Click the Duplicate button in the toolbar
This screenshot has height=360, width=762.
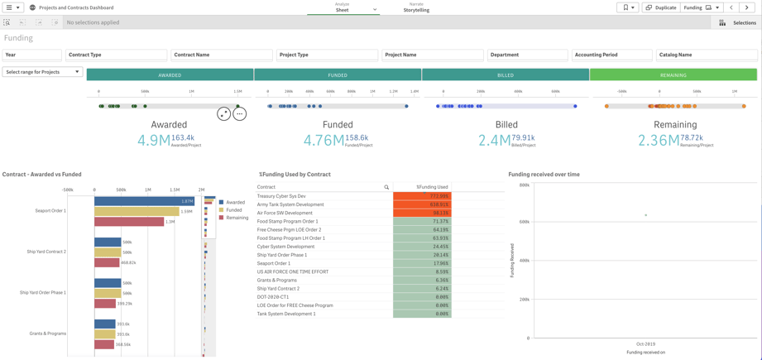pyautogui.click(x=660, y=7)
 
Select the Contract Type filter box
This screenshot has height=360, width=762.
pyautogui.click(x=116, y=55)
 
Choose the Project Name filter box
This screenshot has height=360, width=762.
pyautogui.click(x=432, y=55)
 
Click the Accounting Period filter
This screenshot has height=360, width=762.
pyautogui.click(x=611, y=55)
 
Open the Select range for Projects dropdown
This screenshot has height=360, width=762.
pyautogui.click(x=42, y=72)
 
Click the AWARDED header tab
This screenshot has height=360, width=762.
pyautogui.click(x=170, y=75)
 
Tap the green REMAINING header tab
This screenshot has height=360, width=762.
pyautogui.click(x=673, y=75)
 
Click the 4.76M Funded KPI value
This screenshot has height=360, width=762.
pyautogui.click(x=323, y=140)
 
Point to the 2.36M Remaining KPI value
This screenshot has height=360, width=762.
pyautogui.click(x=658, y=140)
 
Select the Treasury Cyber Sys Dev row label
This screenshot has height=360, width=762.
pyautogui.click(x=281, y=196)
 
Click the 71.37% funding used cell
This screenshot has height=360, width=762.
pyautogui.click(x=422, y=221)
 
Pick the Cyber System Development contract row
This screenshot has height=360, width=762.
pyautogui.click(x=285, y=247)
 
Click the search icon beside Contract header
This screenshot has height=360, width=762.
pyautogui.click(x=386, y=187)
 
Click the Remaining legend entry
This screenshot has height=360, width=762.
pyautogui.click(x=237, y=218)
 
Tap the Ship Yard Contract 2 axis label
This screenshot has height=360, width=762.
pyautogui.click(x=46, y=252)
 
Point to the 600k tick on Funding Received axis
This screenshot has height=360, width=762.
pyautogui.click(x=525, y=223)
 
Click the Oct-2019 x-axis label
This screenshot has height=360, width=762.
pyautogui.click(x=645, y=343)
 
